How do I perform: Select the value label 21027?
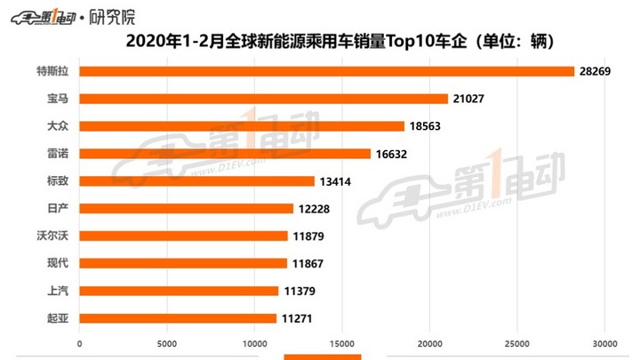(471, 99)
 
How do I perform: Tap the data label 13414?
(338, 181)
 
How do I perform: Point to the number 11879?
(310, 236)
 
